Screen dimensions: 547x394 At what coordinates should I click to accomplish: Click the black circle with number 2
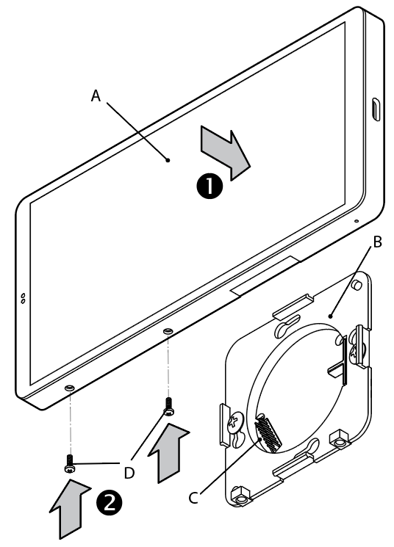point(108,504)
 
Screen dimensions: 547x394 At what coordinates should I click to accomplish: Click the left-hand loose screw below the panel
point(68,464)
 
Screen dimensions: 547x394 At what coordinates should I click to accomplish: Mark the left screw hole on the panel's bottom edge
point(69,386)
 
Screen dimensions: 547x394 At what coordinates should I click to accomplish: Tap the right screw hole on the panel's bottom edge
point(169,332)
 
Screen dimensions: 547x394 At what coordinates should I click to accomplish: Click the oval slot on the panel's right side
point(375,110)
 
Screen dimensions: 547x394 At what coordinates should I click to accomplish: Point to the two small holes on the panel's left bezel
point(23,298)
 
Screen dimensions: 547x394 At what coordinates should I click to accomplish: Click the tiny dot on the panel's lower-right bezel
point(357,220)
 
